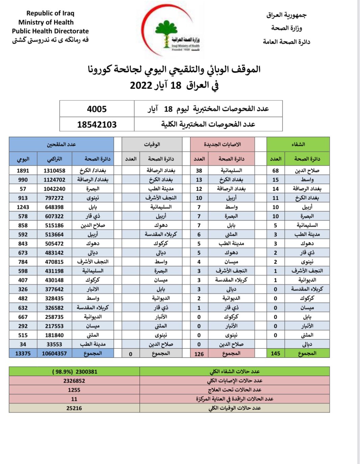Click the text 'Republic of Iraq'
[x=50, y=13]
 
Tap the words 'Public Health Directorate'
[x=50, y=31]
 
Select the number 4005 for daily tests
[x=97, y=109]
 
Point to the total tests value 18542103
[x=97, y=124]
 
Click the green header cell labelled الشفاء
[x=298, y=144]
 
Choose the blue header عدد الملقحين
[x=61, y=144]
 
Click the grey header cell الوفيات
[x=152, y=144]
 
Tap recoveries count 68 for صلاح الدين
[x=276, y=171]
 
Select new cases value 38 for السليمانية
[x=199, y=171]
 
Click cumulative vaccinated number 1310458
[x=54, y=171]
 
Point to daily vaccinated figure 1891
[x=23, y=171]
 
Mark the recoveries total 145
[x=276, y=353]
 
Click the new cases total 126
[x=199, y=354]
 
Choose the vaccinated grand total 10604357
[x=54, y=353]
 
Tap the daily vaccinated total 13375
[x=23, y=353]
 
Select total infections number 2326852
[x=74, y=381]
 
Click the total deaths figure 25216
[x=74, y=408]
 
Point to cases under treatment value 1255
[x=74, y=390]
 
